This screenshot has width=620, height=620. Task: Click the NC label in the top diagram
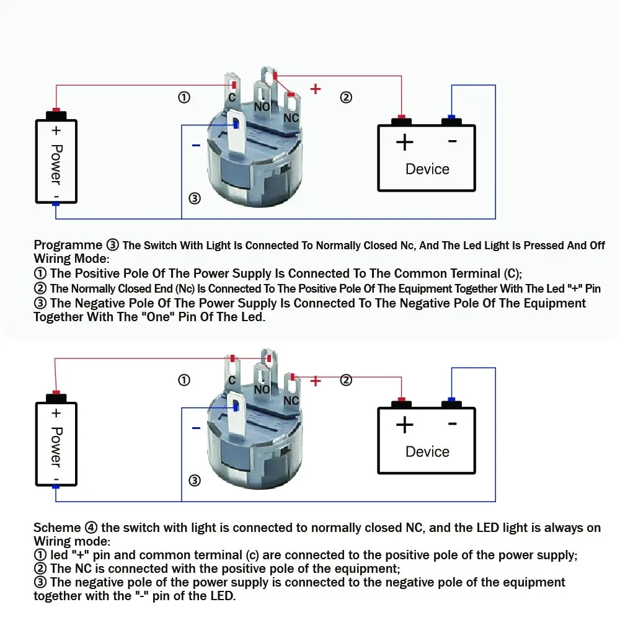click(x=291, y=118)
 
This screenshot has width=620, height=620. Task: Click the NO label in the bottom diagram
click(x=262, y=389)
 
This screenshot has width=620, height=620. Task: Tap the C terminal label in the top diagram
click(x=231, y=98)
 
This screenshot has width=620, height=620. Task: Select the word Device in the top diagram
click(x=427, y=169)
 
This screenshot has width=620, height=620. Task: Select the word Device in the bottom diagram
click(x=427, y=451)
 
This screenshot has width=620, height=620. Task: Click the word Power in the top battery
click(x=56, y=164)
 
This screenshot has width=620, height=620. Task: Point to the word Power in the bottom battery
click(x=56, y=446)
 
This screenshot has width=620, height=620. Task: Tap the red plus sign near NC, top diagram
click(x=316, y=89)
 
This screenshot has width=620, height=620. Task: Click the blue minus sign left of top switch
click(x=196, y=146)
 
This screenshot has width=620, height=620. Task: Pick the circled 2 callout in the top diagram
click(x=346, y=97)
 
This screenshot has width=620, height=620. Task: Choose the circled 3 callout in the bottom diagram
click(x=195, y=480)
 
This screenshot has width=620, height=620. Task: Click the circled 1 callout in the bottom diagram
click(x=184, y=380)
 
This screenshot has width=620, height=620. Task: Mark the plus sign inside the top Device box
click(x=404, y=143)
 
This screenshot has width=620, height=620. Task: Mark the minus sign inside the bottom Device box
click(x=452, y=424)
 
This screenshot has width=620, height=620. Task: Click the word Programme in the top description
click(x=68, y=245)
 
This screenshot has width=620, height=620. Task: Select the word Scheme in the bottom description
click(x=57, y=528)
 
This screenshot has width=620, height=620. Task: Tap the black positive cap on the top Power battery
click(x=56, y=115)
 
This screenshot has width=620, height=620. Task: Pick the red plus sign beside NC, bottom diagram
click(x=316, y=381)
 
